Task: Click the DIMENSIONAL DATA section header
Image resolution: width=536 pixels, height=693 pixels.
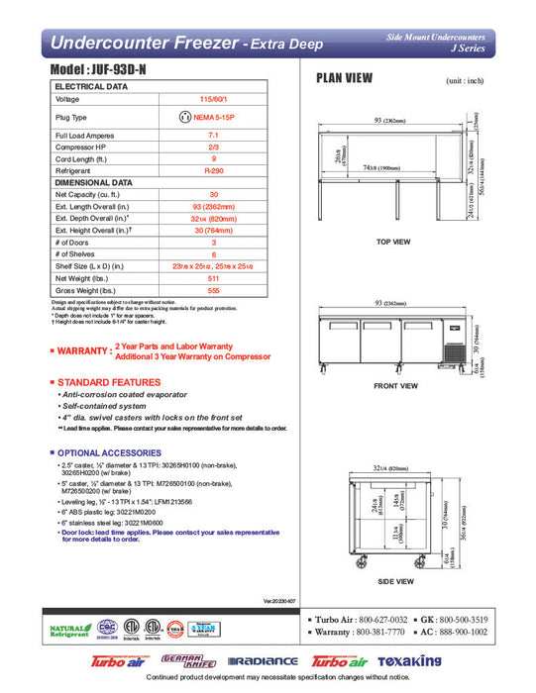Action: pos(94,183)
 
